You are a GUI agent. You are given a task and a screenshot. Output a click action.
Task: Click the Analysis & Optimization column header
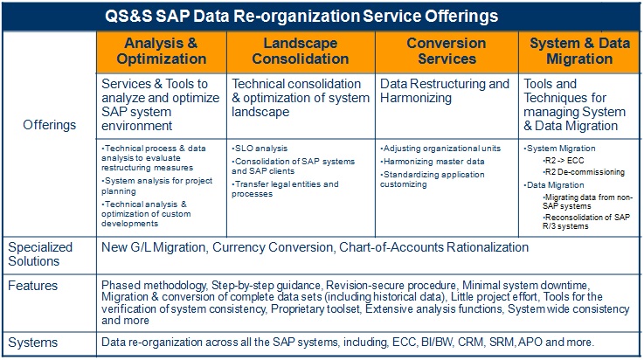point(161,52)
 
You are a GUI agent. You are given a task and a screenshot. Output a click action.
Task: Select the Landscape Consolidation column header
point(301,52)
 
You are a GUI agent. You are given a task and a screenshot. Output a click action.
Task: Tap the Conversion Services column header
point(447,52)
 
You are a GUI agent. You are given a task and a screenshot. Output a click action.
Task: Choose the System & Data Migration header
point(579,52)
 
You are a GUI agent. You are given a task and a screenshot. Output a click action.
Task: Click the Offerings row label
point(49,125)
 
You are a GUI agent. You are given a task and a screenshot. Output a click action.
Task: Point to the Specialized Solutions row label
point(40,254)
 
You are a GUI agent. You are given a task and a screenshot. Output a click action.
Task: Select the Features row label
point(33,286)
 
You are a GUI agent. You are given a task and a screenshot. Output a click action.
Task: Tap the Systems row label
point(33,343)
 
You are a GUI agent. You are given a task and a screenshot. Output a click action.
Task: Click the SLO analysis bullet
point(260,149)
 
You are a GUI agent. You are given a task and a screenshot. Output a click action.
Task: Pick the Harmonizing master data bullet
point(432,162)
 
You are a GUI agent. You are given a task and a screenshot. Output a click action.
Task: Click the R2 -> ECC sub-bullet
point(563,161)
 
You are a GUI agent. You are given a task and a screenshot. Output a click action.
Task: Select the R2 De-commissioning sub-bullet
point(584,172)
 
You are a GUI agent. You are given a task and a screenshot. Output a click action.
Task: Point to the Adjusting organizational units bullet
point(440,149)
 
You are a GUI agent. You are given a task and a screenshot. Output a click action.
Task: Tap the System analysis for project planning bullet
point(157,186)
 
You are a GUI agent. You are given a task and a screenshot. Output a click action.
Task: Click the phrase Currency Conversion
point(273,247)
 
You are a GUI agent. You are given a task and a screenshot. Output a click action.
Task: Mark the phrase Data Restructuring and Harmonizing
point(445,91)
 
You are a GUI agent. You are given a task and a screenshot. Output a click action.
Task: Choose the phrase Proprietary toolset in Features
point(315,308)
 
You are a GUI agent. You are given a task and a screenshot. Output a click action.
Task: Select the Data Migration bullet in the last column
point(554,185)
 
